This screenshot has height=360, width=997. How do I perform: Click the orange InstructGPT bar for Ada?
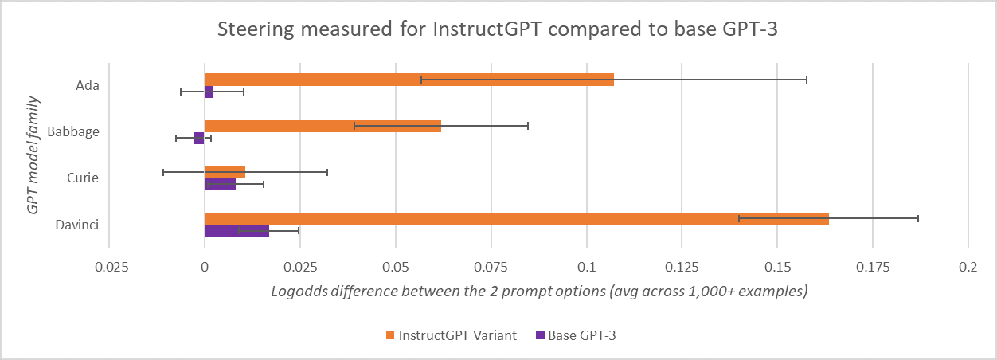click(409, 80)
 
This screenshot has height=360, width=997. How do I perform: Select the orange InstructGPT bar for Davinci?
click(517, 218)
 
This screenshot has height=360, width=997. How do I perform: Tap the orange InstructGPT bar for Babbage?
click(323, 126)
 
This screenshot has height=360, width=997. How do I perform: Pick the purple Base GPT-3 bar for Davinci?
click(237, 231)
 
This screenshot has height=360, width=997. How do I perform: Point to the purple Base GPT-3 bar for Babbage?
click(199, 139)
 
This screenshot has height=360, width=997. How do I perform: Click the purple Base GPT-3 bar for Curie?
click(220, 185)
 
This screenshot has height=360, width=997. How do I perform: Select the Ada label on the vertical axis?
click(87, 85)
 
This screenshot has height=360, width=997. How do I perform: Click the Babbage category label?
click(74, 131)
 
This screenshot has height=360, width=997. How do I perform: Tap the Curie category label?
click(83, 178)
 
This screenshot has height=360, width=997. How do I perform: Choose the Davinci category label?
click(77, 224)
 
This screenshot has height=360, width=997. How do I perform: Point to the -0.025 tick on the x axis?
click(110, 268)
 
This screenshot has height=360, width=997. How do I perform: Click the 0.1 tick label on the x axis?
click(587, 268)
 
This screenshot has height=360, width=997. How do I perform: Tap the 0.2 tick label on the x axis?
click(968, 268)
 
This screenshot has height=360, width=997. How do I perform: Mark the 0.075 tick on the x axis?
click(491, 268)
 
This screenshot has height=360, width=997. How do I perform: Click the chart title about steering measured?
click(498, 33)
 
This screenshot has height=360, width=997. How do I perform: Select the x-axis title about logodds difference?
click(540, 292)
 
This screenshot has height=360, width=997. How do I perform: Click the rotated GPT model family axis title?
click(33, 155)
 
